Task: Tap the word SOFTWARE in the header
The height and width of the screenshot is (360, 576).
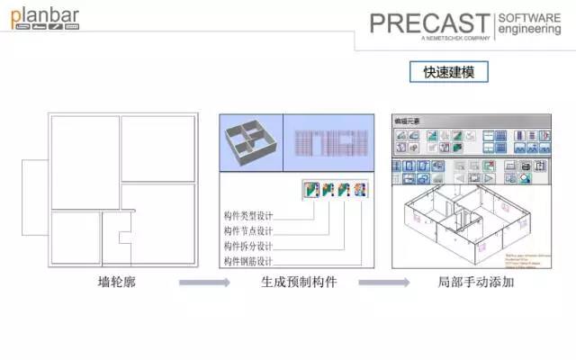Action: [x=529, y=18]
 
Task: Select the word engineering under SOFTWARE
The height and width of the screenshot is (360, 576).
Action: [x=529, y=30]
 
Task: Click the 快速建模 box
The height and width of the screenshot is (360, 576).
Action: [x=449, y=72]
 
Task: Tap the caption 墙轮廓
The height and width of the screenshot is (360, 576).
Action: [x=116, y=283]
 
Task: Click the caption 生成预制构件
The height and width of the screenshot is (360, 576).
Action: [x=299, y=283]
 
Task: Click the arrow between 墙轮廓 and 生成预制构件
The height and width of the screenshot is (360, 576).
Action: [x=204, y=283]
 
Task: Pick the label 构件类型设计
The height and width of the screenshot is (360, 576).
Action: [x=248, y=216]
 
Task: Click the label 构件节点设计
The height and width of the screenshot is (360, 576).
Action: [x=248, y=231]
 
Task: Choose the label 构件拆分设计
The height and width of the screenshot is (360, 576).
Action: [x=248, y=246]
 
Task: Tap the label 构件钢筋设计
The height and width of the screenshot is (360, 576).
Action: [x=248, y=261]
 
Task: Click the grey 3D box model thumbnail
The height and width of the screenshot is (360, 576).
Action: [x=251, y=141]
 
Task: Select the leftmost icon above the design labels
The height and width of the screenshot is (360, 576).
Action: [x=311, y=190]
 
